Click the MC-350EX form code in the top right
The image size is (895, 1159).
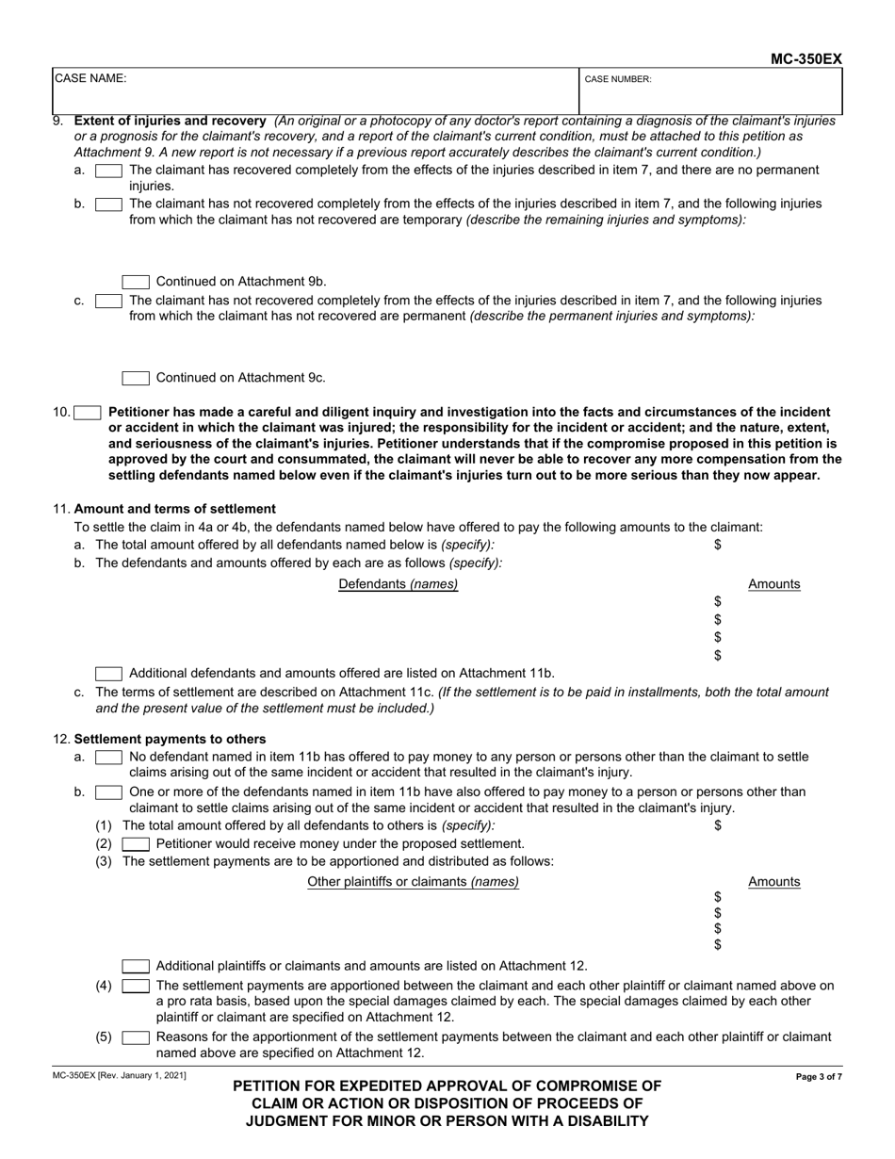coord(806,58)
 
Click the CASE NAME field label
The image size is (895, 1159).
coord(90,79)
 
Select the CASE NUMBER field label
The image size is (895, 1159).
coord(618,80)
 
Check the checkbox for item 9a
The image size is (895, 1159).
coord(108,171)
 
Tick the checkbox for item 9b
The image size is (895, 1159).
coord(108,204)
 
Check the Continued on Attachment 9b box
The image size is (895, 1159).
coord(136,282)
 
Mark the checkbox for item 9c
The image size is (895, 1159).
coord(108,301)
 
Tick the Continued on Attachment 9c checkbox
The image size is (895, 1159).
coord(136,378)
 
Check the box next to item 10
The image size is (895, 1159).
coord(88,412)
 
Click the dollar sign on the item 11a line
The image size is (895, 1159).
coord(718,545)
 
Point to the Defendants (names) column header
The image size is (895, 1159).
coord(399,584)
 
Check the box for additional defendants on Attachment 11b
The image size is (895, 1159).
coord(108,674)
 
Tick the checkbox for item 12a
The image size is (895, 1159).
coord(108,757)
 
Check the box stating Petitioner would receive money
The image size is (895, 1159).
coord(136,843)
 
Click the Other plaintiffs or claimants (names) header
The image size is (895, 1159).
coord(414,882)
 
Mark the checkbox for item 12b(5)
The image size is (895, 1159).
coord(136,1037)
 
